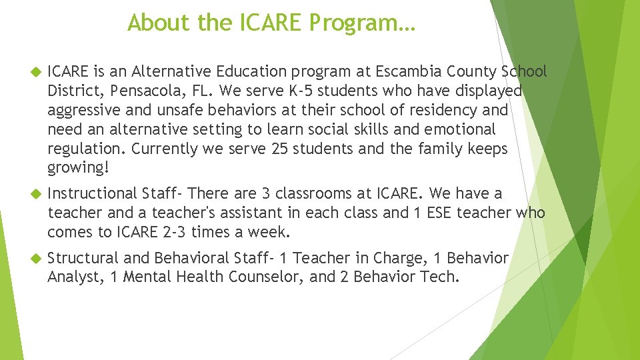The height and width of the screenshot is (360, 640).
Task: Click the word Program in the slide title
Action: pos(363,23)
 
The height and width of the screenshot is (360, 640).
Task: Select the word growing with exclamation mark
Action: pos(78,168)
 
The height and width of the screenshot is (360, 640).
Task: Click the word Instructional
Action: pos(92,194)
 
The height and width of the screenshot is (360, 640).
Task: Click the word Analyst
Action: pos(73,277)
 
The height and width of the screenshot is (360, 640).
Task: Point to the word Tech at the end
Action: pos(439,277)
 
